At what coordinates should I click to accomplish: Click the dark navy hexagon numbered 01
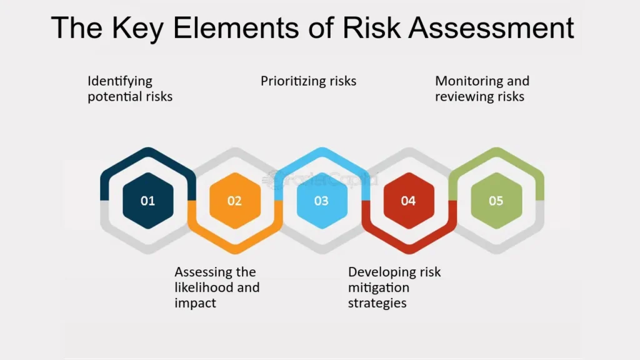(x=147, y=201)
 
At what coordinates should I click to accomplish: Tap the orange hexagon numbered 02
(x=235, y=201)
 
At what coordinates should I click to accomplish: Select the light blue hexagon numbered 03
(x=322, y=201)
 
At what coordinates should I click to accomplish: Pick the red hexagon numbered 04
(x=409, y=201)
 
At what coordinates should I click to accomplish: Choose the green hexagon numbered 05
(x=496, y=201)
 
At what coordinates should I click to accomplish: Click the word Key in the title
(x=137, y=29)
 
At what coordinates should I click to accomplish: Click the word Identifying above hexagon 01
(x=120, y=81)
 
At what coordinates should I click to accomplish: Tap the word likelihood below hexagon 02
(x=204, y=287)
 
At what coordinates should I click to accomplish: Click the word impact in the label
(x=195, y=303)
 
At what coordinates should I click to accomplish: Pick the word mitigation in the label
(x=379, y=287)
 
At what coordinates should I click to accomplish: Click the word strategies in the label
(x=377, y=303)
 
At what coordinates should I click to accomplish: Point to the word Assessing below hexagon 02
(x=200, y=272)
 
